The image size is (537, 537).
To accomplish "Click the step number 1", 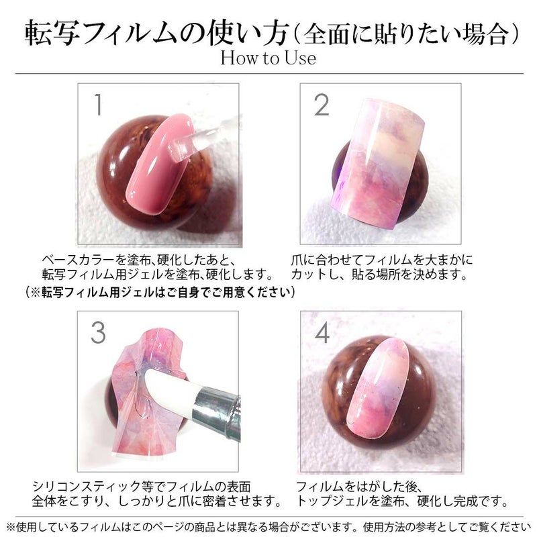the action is coord(98,105).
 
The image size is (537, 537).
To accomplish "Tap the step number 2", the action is coord(322,105).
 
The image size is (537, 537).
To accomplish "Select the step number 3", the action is coord(98,332).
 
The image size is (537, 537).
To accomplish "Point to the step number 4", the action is coord(322,332).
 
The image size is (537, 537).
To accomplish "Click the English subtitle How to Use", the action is coord(268,58).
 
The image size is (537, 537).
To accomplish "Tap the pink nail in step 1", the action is coord(160,164).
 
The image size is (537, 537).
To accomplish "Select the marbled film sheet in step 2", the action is coord(379,161).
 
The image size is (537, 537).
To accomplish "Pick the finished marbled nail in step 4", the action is coord(378,388).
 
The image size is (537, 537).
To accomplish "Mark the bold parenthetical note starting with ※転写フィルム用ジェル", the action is coord(160,293).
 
